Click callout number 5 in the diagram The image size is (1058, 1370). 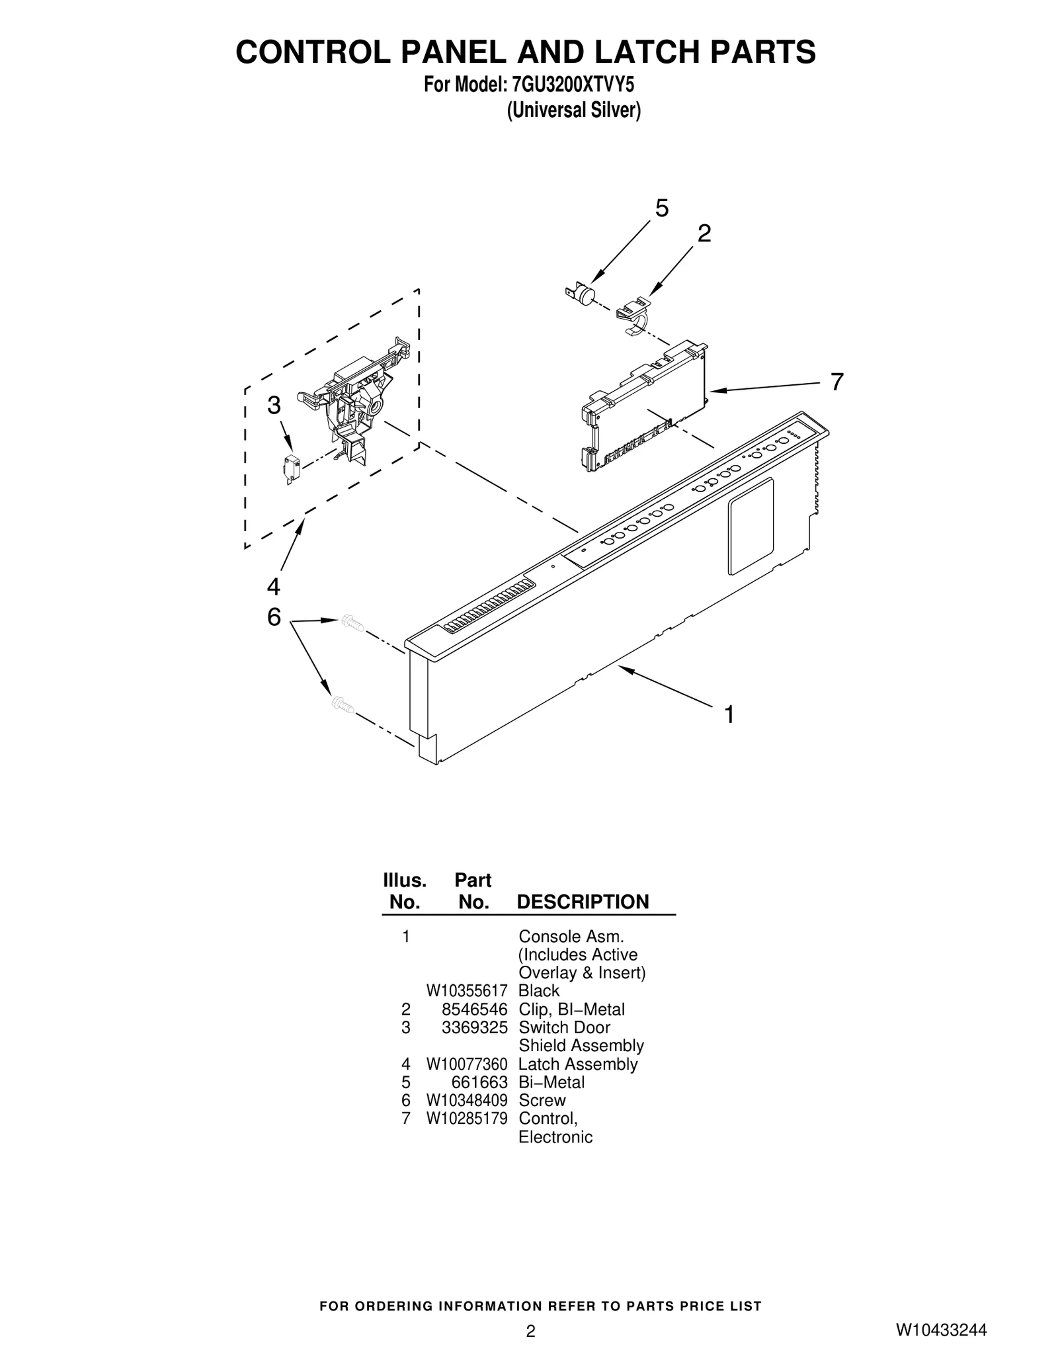click(x=661, y=208)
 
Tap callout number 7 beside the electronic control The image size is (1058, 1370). click(x=836, y=382)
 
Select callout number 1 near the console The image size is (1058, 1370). click(x=729, y=714)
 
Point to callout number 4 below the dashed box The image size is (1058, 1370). click(x=273, y=586)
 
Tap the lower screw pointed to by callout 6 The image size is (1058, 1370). click(x=343, y=705)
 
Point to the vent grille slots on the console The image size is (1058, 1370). click(x=489, y=605)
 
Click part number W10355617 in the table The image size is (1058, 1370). click(x=466, y=990)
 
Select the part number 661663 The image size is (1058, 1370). click(x=485, y=1082)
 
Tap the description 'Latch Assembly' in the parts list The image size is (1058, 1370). click(x=577, y=1064)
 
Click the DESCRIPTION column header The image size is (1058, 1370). click(x=583, y=902)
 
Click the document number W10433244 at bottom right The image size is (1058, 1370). click(x=941, y=1330)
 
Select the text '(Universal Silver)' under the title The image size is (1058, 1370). click(x=573, y=110)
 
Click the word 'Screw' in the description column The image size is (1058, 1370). click(x=542, y=1100)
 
